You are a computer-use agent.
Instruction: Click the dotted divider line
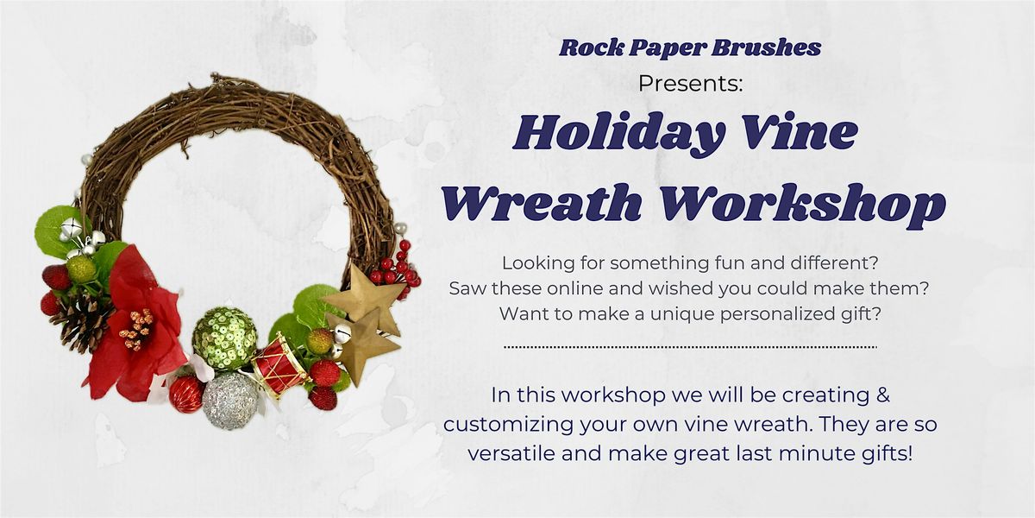[x=689, y=347]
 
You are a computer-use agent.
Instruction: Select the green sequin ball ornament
[x=224, y=338]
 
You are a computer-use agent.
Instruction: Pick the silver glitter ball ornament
[x=229, y=400]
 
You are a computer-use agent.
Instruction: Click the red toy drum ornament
[x=279, y=367]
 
